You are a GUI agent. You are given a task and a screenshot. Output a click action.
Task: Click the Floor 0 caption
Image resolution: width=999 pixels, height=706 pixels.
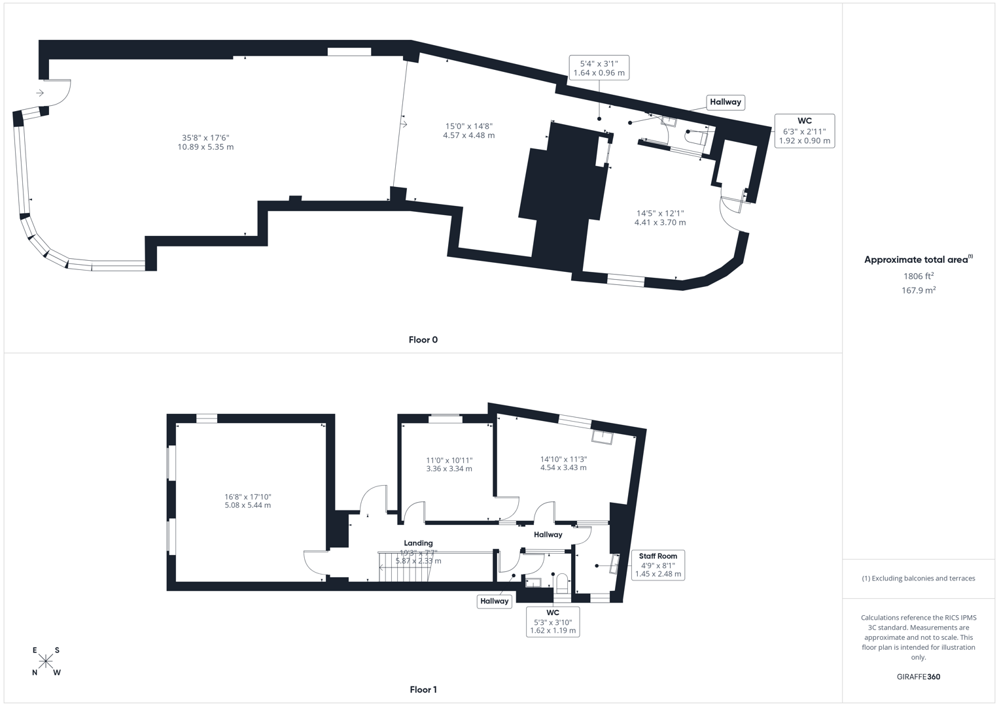pyautogui.click(x=423, y=340)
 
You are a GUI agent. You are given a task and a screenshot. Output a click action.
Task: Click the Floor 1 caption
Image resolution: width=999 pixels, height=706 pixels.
pyautogui.click(x=423, y=690)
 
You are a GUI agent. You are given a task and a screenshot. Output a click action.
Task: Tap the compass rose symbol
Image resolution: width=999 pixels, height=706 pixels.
pyautogui.click(x=46, y=662)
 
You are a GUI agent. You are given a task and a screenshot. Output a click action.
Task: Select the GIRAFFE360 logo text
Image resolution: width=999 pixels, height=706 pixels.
pyautogui.click(x=918, y=677)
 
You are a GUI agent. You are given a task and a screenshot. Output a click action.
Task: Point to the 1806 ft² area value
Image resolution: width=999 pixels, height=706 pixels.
pyautogui.click(x=918, y=276)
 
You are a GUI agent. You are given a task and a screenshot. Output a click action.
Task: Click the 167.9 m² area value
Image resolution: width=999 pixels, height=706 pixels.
pyautogui.click(x=918, y=290)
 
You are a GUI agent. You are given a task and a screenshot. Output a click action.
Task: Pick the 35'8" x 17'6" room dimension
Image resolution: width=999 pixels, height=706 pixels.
pyautogui.click(x=205, y=143)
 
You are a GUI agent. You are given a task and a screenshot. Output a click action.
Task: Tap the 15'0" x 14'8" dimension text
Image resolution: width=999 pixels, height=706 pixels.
pyautogui.click(x=468, y=131)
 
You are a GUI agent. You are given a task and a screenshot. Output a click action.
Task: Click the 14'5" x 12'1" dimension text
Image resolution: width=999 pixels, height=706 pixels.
pyautogui.click(x=660, y=218)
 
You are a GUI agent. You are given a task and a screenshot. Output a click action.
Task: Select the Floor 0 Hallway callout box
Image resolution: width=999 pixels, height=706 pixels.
pyautogui.click(x=726, y=102)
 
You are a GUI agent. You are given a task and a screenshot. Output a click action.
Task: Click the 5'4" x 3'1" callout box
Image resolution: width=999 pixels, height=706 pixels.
pyautogui.click(x=599, y=68)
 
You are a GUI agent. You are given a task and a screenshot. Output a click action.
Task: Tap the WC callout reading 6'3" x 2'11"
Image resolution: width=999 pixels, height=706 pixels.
pyautogui.click(x=804, y=131)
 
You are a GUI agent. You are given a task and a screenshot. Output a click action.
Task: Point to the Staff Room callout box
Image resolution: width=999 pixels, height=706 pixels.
pyautogui.click(x=657, y=565)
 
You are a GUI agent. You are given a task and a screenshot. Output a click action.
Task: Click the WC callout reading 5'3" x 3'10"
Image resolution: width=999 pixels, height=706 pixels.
pyautogui.click(x=553, y=622)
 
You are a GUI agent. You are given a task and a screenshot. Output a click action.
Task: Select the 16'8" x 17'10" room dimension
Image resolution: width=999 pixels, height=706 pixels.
pyautogui.click(x=247, y=501)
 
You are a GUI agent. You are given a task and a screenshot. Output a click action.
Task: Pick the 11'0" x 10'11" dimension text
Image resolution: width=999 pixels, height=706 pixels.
pyautogui.click(x=449, y=464)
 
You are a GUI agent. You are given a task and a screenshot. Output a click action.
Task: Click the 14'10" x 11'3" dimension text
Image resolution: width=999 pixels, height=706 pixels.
pyautogui.click(x=563, y=463)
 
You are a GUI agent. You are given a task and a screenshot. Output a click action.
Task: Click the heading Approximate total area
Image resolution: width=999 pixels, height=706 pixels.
pyautogui.click(x=918, y=260)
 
